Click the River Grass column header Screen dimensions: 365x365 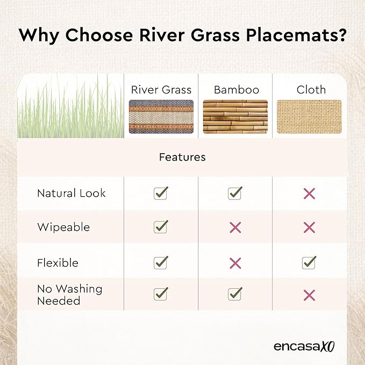pos(161,90)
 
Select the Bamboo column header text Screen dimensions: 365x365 pos(237,90)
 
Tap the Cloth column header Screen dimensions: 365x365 pos(311,90)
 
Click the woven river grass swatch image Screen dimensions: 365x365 pos(161,117)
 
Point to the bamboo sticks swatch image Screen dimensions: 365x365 pos(235,117)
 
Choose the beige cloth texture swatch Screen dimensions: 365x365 pos(310,117)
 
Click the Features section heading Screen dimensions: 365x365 pos(182,157)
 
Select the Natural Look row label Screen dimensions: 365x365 pos(71,193)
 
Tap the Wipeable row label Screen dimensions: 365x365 pos(63,227)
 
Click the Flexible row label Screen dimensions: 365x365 pos(58,263)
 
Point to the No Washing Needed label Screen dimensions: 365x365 pos(69,295)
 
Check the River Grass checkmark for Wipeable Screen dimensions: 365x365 pos(161,226)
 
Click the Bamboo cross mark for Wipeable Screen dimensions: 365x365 pos(235,227)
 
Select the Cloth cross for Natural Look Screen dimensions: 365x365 pos(310,194)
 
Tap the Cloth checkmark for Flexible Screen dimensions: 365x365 pos(309,262)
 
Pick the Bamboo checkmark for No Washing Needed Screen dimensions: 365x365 pos(235,294)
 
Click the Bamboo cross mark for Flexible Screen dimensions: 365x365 pos(235,263)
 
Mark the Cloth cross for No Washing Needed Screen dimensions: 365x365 pos(310,295)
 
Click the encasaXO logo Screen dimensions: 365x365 pos(304,346)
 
